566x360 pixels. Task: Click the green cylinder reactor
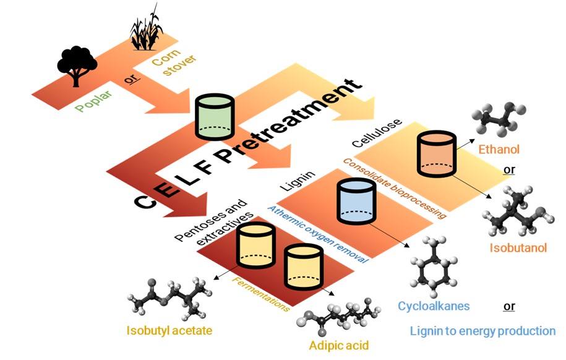215,117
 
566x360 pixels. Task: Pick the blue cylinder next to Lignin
356,201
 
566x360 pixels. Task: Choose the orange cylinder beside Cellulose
437,154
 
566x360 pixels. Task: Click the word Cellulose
377,133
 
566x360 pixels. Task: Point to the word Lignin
298,181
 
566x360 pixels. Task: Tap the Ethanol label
499,149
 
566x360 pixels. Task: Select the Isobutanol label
518,247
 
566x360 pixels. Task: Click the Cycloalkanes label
434,306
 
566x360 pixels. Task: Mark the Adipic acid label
338,346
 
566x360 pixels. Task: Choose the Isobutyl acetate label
169,330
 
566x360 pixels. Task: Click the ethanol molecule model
499,118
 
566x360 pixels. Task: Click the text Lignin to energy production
482,331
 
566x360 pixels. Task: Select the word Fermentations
260,294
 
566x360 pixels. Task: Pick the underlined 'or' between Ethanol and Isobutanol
509,169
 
